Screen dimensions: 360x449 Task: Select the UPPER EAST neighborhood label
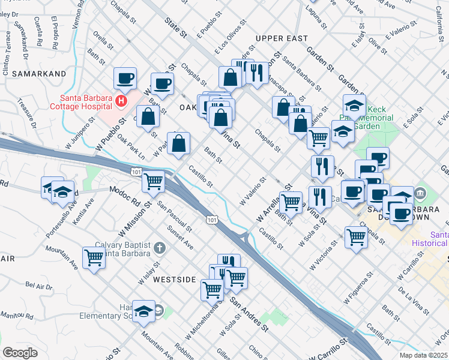click(277, 38)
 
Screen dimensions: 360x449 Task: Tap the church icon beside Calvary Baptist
click(158, 247)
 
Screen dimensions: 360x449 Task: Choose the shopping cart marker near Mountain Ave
click(94, 257)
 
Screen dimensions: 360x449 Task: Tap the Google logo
click(19, 353)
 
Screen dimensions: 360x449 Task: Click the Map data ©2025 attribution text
click(423, 355)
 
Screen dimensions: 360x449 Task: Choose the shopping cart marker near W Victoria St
click(356, 236)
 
